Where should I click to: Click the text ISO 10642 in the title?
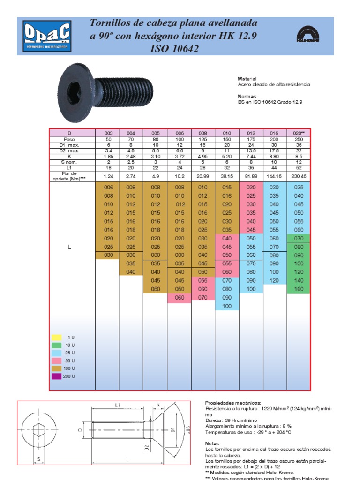174,49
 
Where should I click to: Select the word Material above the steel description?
247,79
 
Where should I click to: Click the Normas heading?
247,96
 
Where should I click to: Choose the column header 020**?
299,134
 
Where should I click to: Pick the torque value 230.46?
299,176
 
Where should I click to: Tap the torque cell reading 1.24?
107,176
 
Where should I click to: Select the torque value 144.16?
275,176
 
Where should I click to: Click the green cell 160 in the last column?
299,289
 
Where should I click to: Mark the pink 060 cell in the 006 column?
180,298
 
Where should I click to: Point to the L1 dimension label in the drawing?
118,405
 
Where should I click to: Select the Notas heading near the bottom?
212,443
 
